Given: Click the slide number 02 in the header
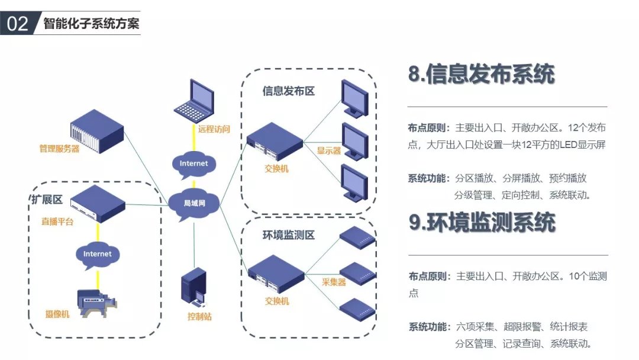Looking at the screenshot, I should (x=18, y=24).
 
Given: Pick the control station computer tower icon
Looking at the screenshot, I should (x=194, y=288).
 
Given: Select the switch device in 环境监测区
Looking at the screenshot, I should (x=275, y=274).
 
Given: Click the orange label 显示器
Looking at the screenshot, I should (x=329, y=150).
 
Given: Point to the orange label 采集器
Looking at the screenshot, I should (x=334, y=282).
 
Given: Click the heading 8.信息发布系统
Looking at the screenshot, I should (x=482, y=75).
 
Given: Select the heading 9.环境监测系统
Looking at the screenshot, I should (x=482, y=222).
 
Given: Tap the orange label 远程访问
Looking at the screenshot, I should (x=214, y=129).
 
